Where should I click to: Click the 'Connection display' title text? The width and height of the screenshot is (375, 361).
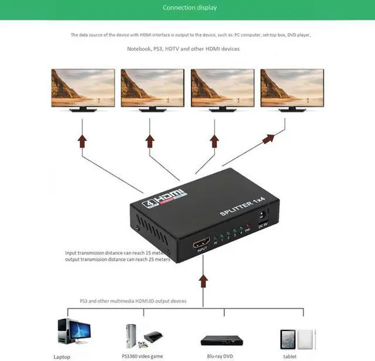(x=189, y=8)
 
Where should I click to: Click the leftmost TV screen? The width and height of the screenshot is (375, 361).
(x=83, y=87)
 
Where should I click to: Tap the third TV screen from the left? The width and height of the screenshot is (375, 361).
(x=222, y=87)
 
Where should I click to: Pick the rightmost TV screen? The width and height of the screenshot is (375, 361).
(x=292, y=87)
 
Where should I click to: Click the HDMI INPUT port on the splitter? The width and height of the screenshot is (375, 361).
(x=203, y=243)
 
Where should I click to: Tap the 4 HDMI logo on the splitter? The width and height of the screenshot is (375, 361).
(x=164, y=196)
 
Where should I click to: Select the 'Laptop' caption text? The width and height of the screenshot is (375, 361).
(x=61, y=356)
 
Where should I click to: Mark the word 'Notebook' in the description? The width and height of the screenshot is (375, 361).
(x=140, y=49)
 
